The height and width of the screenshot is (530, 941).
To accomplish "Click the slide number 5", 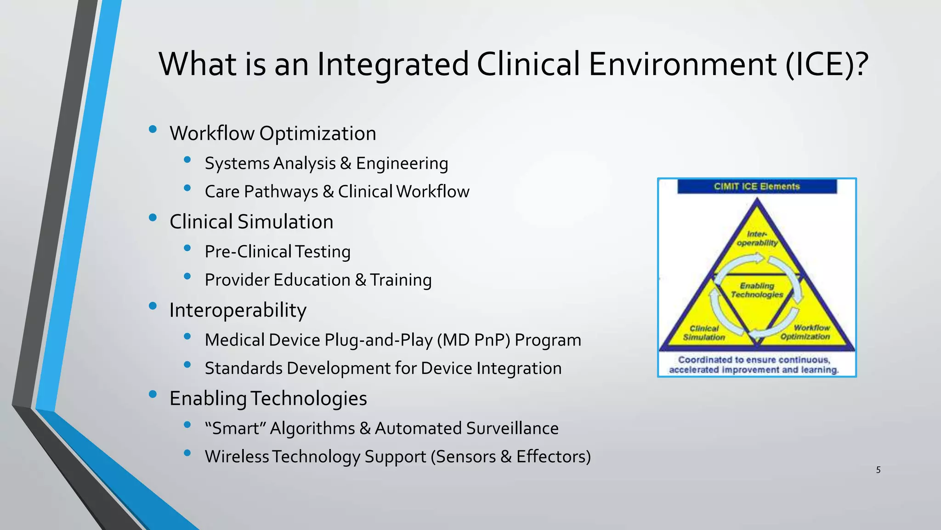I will coord(878,470).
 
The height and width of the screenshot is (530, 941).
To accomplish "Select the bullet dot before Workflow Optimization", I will coord(153,130).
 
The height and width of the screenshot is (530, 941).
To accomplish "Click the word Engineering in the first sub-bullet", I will coord(402,163).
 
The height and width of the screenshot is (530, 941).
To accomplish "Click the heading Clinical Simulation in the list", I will coord(251,222).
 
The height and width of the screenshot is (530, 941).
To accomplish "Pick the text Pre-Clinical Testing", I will coord(278,252).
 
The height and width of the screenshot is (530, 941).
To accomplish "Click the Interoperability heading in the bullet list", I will coord(238,310).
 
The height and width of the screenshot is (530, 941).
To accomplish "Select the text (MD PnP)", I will coord(473,340).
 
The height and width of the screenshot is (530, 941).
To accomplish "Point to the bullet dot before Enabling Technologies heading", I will coord(153,394).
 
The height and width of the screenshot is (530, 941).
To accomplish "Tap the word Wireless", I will coord(237,456).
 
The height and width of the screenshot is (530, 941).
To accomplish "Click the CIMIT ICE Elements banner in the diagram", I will coord(757,186).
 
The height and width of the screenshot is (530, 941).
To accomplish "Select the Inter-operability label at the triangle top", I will coord(757,239).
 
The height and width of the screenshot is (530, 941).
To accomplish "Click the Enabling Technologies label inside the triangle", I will coord(757,290).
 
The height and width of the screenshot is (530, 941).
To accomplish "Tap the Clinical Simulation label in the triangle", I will coord(704,333).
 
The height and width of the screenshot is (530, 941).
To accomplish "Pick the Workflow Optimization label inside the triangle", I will coord(810,332).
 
